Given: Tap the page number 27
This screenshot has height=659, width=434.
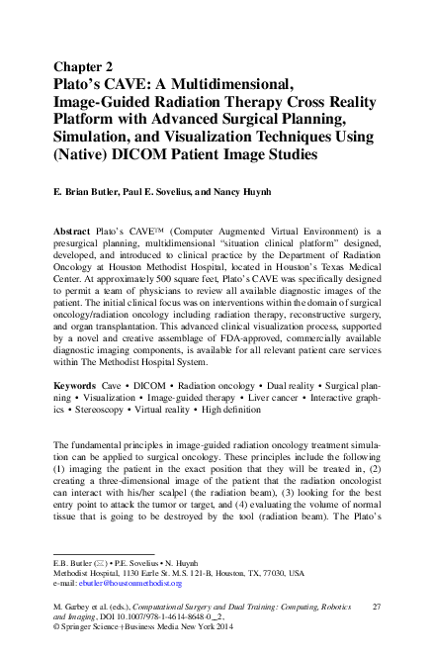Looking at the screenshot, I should [374, 604].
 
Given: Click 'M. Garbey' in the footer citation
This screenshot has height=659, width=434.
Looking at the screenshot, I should [74, 604].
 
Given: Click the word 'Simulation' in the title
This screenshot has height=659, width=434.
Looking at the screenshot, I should [92, 138].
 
